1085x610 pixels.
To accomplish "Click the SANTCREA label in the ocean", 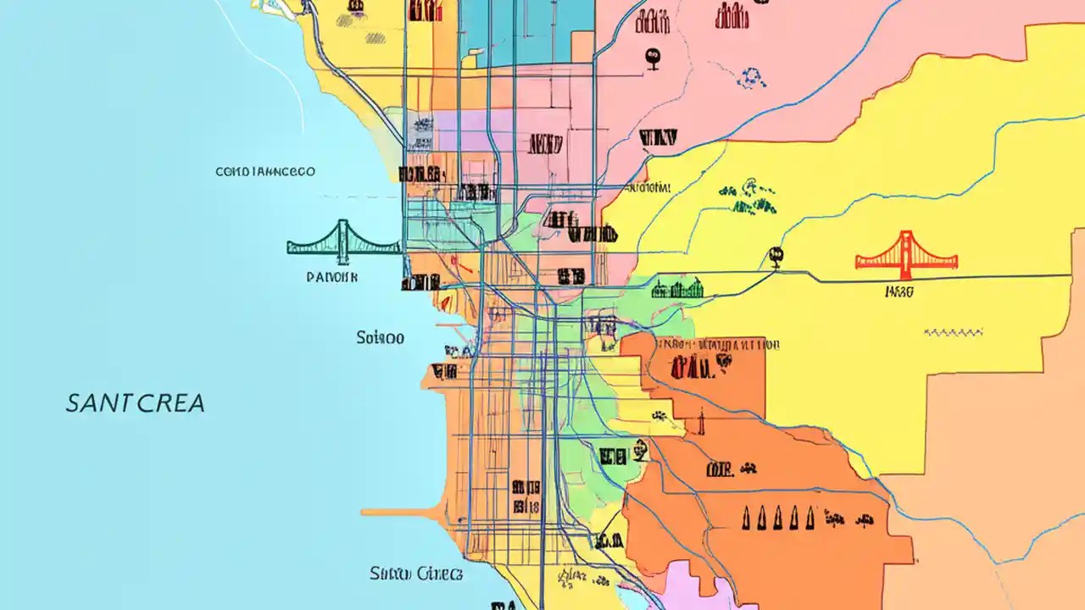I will click(x=136, y=402).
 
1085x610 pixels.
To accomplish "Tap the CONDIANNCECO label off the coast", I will click(x=265, y=171).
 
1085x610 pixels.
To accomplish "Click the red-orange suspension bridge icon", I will click(x=906, y=253).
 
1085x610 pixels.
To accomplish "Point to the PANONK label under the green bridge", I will click(x=332, y=276).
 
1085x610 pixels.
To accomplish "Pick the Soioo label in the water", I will click(x=381, y=338).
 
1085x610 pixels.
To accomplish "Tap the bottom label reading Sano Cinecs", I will click(x=416, y=574).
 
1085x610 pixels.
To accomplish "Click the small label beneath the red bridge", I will click(x=899, y=292).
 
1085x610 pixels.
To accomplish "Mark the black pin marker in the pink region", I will click(x=652, y=58).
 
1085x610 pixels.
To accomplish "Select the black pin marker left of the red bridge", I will click(x=774, y=254).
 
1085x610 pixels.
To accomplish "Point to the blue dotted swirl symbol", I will click(x=751, y=77).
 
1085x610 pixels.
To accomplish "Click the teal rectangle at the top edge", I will click(x=526, y=30).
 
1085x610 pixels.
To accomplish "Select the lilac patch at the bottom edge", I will click(x=695, y=589).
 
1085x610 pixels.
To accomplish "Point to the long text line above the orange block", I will click(x=716, y=345).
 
